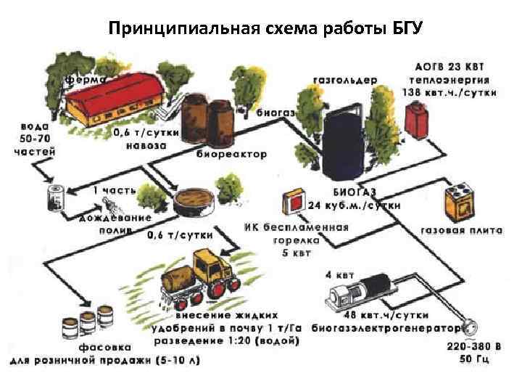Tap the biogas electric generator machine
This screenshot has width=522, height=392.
point(359,291)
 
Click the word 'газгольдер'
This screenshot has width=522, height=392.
point(344,80)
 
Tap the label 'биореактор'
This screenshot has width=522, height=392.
point(231,154)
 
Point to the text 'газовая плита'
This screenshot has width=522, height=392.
point(462,231)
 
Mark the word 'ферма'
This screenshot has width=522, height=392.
point(86,75)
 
